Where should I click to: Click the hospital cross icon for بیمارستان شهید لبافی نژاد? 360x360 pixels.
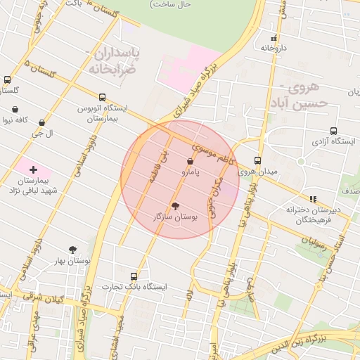coord(33,169)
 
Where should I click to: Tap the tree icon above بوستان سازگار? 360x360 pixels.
coord(175,205)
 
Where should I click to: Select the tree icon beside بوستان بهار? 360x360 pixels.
coord(72,250)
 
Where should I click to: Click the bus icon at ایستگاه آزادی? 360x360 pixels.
coord(333,131)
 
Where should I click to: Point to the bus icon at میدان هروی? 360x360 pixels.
coord(257,160)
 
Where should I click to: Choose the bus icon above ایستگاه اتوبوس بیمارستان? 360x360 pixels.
coord(103,97)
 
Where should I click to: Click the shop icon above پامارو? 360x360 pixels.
coord(191,162)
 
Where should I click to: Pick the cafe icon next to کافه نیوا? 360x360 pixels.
coord(15,110)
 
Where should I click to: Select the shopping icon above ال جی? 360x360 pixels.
coord(42,122)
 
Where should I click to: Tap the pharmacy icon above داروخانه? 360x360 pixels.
coord(274,38)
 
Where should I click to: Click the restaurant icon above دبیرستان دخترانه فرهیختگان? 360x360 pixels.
coord(313,199)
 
